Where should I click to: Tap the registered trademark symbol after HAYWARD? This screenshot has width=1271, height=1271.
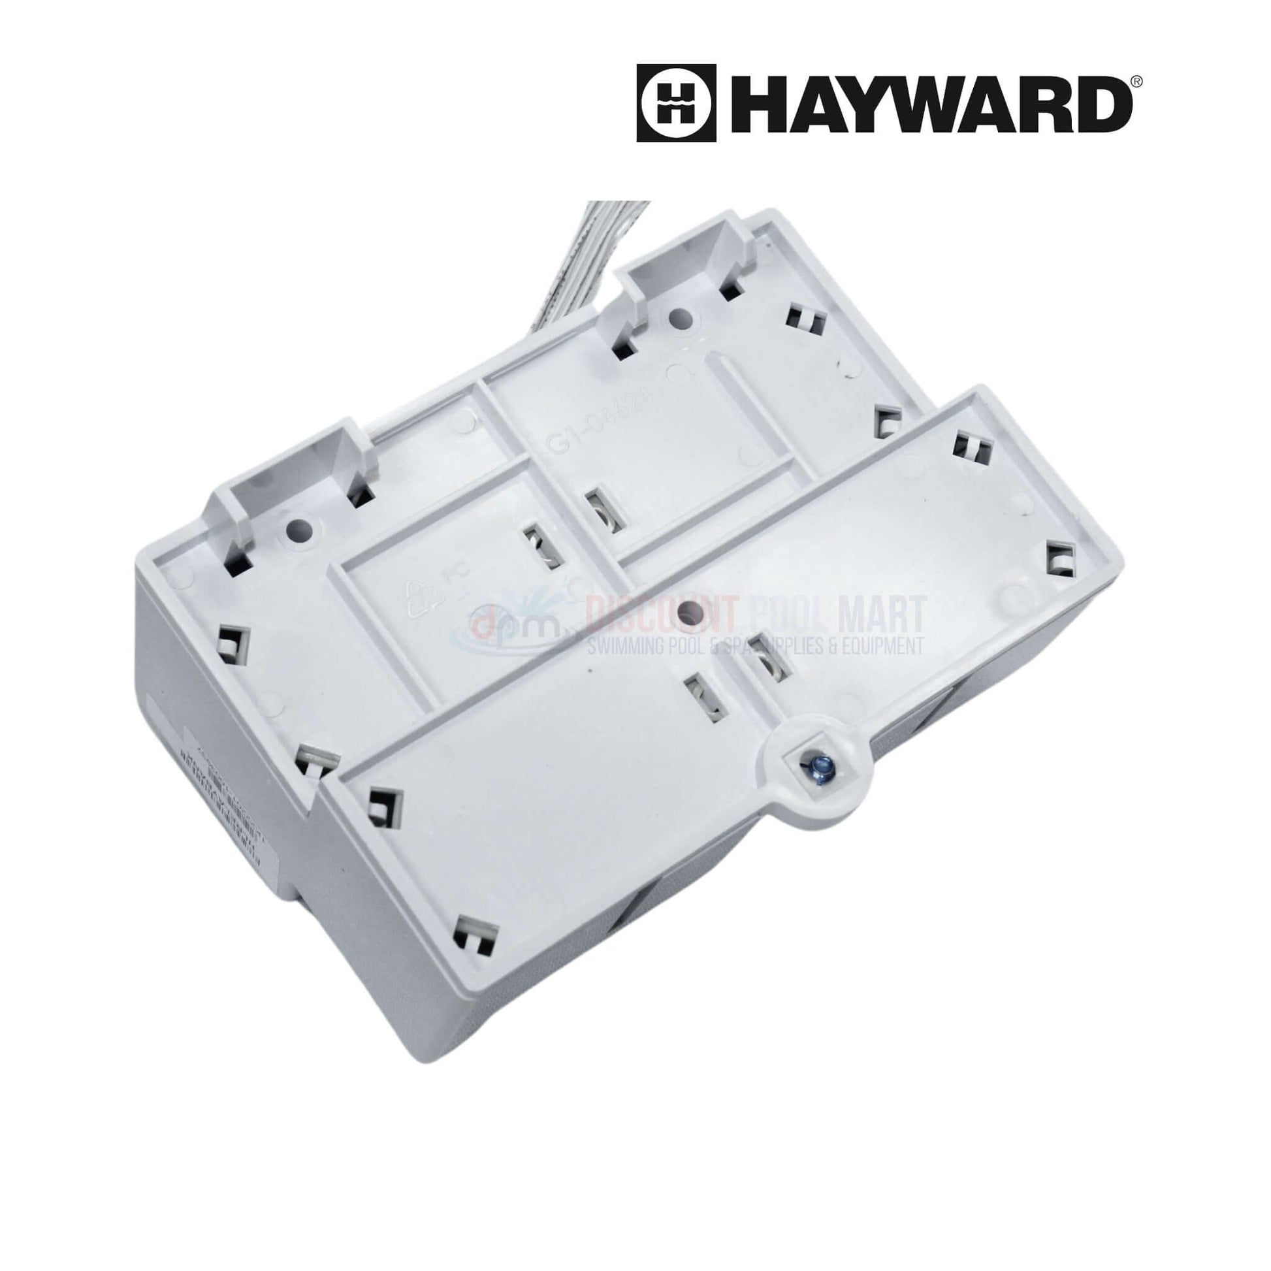1137,80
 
